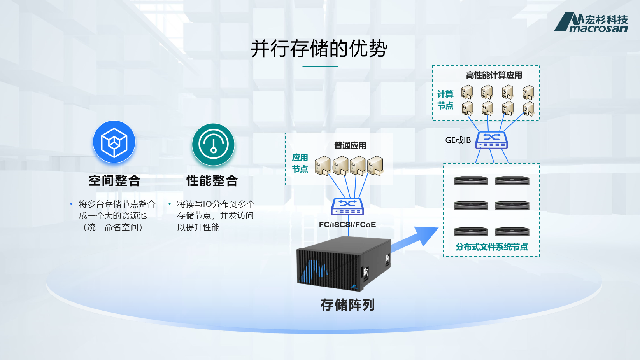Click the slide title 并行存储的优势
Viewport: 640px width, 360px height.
[319, 49]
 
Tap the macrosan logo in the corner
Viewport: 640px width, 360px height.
[591, 22]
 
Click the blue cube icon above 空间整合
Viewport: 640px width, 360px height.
[114, 142]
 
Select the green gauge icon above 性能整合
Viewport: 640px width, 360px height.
[213, 144]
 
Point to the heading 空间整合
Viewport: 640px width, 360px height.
[114, 181]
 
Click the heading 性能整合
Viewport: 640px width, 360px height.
[212, 181]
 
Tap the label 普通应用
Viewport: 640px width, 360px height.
[350, 145]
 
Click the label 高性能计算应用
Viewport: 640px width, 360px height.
[494, 75]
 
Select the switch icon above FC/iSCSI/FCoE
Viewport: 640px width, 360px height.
[347, 206]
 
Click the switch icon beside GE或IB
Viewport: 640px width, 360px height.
[492, 140]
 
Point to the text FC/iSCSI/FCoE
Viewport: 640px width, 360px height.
[347, 225]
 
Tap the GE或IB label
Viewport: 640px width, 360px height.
[458, 140]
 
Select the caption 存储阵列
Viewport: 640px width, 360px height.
[347, 305]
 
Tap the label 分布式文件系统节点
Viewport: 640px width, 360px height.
[491, 247]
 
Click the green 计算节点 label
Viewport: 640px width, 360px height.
[445, 100]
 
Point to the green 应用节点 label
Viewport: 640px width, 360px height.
[300, 163]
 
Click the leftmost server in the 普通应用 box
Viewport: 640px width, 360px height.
[323, 166]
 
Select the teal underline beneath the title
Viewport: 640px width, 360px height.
[320, 66]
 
